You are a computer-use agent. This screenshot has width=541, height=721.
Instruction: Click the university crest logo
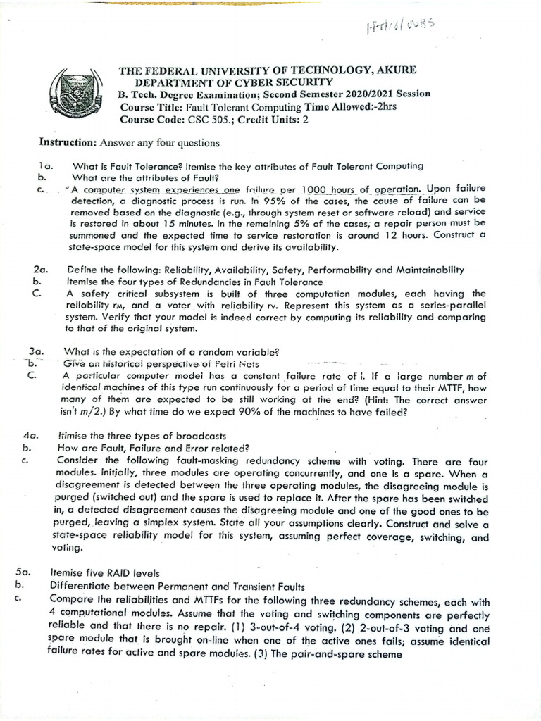click(73, 96)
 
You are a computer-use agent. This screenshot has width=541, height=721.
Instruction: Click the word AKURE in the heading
click(392, 70)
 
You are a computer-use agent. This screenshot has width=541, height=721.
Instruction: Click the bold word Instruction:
click(68, 142)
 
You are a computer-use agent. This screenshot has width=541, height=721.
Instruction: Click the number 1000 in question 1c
click(319, 189)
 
